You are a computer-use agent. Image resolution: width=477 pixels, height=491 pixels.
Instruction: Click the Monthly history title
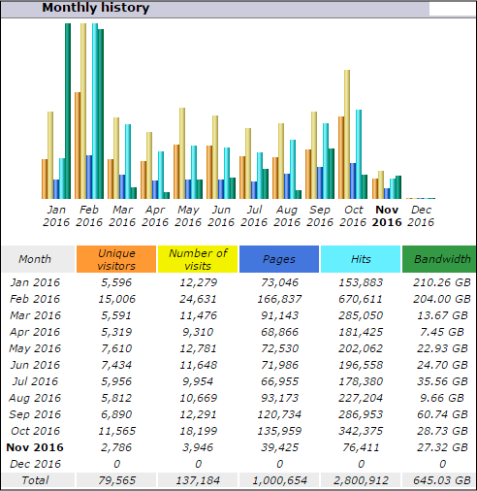tap(96, 8)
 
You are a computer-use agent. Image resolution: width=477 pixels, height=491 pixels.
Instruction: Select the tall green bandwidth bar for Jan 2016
tap(68, 111)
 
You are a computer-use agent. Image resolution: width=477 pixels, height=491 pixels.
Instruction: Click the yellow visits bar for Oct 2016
tap(347, 134)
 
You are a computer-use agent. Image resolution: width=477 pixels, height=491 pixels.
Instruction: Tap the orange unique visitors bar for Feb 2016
tap(78, 146)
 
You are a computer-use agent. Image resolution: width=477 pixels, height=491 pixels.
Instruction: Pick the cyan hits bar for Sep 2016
tap(326, 161)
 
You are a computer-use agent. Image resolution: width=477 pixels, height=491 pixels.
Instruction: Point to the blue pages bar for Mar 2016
tap(122, 186)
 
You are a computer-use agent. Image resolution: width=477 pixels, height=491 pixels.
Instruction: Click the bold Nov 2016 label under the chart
tap(387, 216)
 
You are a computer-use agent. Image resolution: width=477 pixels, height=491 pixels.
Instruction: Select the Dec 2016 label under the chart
tap(421, 216)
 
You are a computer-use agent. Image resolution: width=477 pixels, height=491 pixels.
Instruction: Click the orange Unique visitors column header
tap(116, 259)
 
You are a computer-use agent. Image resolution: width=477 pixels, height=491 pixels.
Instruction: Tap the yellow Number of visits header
tap(198, 259)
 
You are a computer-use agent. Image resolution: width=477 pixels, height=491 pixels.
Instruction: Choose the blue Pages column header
tap(279, 259)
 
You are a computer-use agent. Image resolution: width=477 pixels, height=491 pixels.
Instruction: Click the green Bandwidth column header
tap(439, 259)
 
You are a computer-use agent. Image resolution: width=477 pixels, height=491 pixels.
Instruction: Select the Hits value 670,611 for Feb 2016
tap(361, 299)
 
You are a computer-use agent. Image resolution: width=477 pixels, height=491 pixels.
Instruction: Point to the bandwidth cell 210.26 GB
tap(442, 282)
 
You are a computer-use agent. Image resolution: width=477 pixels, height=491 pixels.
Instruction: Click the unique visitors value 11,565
tap(116, 431)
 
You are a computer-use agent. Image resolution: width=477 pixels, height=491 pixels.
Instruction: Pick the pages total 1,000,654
tap(279, 480)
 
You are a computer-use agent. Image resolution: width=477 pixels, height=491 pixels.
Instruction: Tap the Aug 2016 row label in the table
tap(35, 398)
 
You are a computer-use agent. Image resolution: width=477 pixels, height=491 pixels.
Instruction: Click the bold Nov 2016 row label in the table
tap(35, 447)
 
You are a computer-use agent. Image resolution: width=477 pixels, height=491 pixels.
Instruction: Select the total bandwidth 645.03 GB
tap(442, 480)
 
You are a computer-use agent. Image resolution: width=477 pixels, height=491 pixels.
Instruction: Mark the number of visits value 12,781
tap(198, 348)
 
